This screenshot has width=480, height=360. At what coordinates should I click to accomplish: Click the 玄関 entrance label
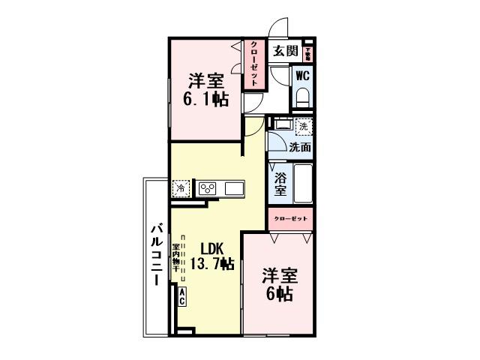[285, 52]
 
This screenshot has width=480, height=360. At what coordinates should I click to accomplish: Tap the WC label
[302, 75]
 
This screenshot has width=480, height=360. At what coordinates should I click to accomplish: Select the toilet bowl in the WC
[303, 97]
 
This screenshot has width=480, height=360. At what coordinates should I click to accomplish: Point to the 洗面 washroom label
[300, 147]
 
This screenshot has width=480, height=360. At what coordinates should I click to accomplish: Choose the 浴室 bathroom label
[280, 184]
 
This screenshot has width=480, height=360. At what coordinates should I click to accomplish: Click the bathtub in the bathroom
[301, 184]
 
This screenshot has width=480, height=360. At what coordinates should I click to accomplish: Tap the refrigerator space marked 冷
[180, 188]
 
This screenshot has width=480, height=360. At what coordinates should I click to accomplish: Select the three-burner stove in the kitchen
[207, 188]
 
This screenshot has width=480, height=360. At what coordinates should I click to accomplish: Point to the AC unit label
[181, 297]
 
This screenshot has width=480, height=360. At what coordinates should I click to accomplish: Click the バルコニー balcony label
[157, 254]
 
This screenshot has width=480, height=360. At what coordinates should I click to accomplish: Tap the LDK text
[211, 249]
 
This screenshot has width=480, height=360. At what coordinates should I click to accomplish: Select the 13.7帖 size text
[211, 264]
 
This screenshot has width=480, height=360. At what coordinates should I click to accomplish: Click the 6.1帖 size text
[206, 98]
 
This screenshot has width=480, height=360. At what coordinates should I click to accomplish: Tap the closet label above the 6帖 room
[289, 218]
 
